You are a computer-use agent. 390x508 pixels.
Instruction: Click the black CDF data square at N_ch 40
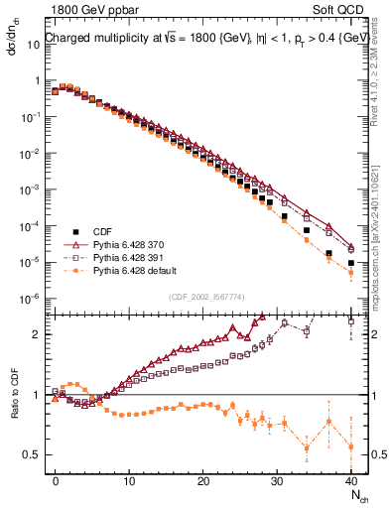(x=351, y=264)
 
